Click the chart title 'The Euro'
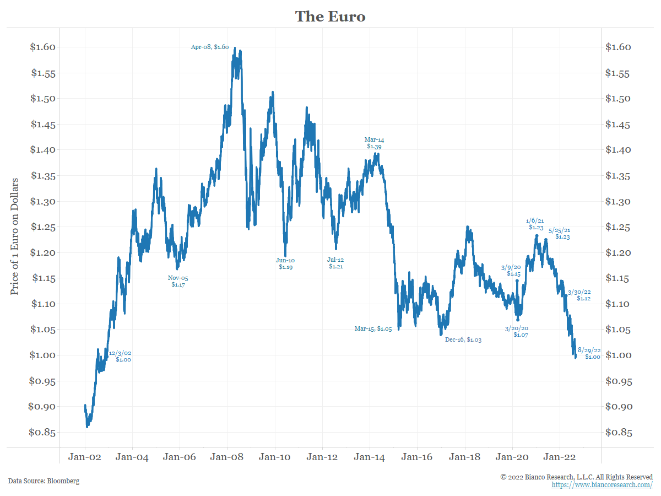coord(330,17)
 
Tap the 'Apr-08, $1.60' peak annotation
coord(209,47)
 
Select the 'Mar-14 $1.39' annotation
coord(374,143)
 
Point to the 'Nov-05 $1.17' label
coord(178,282)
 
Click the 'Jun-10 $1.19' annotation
coord(285,263)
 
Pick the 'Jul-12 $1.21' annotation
coord(336,263)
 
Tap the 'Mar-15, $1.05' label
coord(373,329)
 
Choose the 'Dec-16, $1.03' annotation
coord(463,340)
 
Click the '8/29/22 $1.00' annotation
coord(589,353)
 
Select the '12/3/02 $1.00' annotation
coord(120,356)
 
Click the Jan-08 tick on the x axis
coord(227,457)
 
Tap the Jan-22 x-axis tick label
coord(560,457)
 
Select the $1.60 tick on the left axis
coord(42,47)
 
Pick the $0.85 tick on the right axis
coord(618,433)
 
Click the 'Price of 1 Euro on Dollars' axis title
coord(15,236)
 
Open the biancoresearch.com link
coord(602,485)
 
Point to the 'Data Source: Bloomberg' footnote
coord(44,481)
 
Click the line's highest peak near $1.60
coord(235,48)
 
